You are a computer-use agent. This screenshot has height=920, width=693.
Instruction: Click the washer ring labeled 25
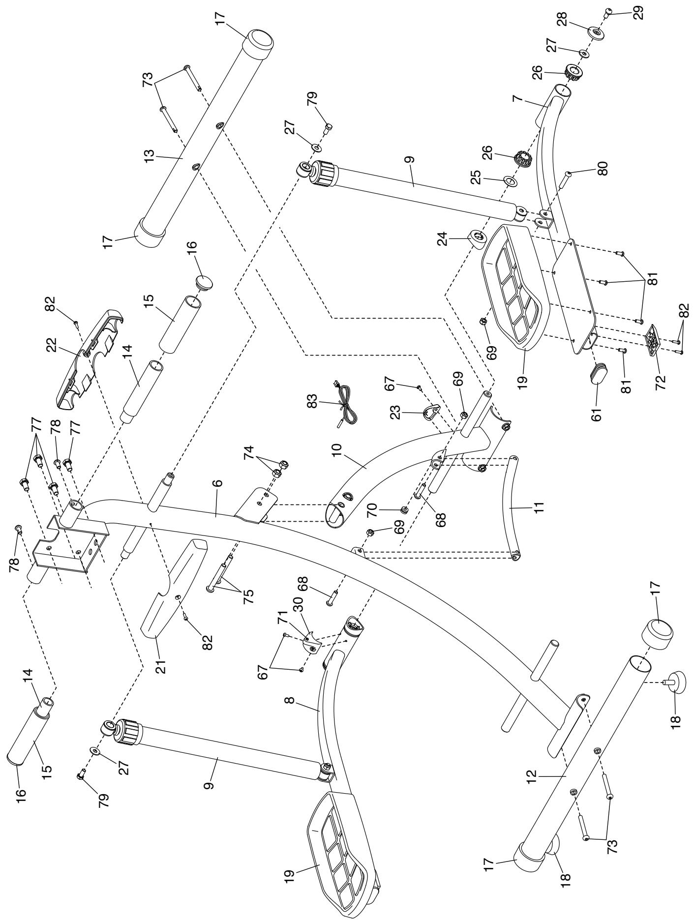tap(511, 182)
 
